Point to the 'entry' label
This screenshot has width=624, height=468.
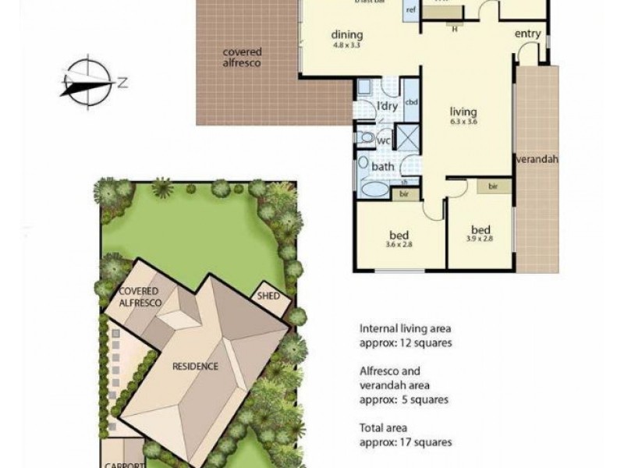coord(529,34)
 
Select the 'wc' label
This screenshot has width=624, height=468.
coord(384,141)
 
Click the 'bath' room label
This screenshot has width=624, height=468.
coord(383,166)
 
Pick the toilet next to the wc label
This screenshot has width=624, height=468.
coord(366,138)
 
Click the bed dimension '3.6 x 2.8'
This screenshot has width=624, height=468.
coord(399,244)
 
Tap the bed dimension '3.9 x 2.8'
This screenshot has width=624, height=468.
coord(480,239)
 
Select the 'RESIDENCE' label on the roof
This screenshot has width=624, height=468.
coord(196,366)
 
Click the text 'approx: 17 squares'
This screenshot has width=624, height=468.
coord(406,442)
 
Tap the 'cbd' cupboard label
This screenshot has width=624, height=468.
coord(413,103)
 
